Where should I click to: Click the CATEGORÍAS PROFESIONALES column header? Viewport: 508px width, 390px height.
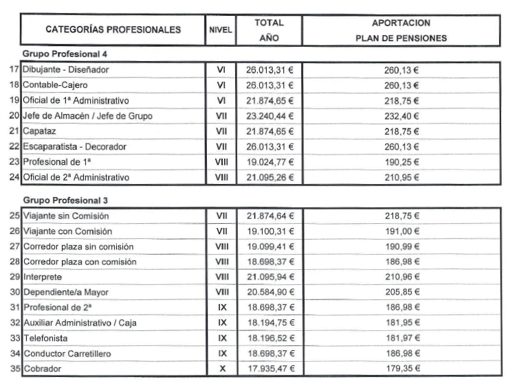tap(113, 30)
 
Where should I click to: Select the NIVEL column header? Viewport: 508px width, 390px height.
tap(221, 30)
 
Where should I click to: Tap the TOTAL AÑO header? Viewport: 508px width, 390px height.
tap(269, 30)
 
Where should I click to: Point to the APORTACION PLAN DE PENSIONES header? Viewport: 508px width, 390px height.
tap(401, 30)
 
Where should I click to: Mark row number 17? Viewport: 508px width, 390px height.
tap(15, 70)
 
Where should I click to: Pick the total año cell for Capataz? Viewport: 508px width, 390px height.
tap(269, 132)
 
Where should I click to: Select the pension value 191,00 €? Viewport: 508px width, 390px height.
tap(401, 231)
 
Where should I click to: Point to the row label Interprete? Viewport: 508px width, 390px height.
tap(45, 277)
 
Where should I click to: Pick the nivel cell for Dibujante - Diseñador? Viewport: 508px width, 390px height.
tap(221, 70)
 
